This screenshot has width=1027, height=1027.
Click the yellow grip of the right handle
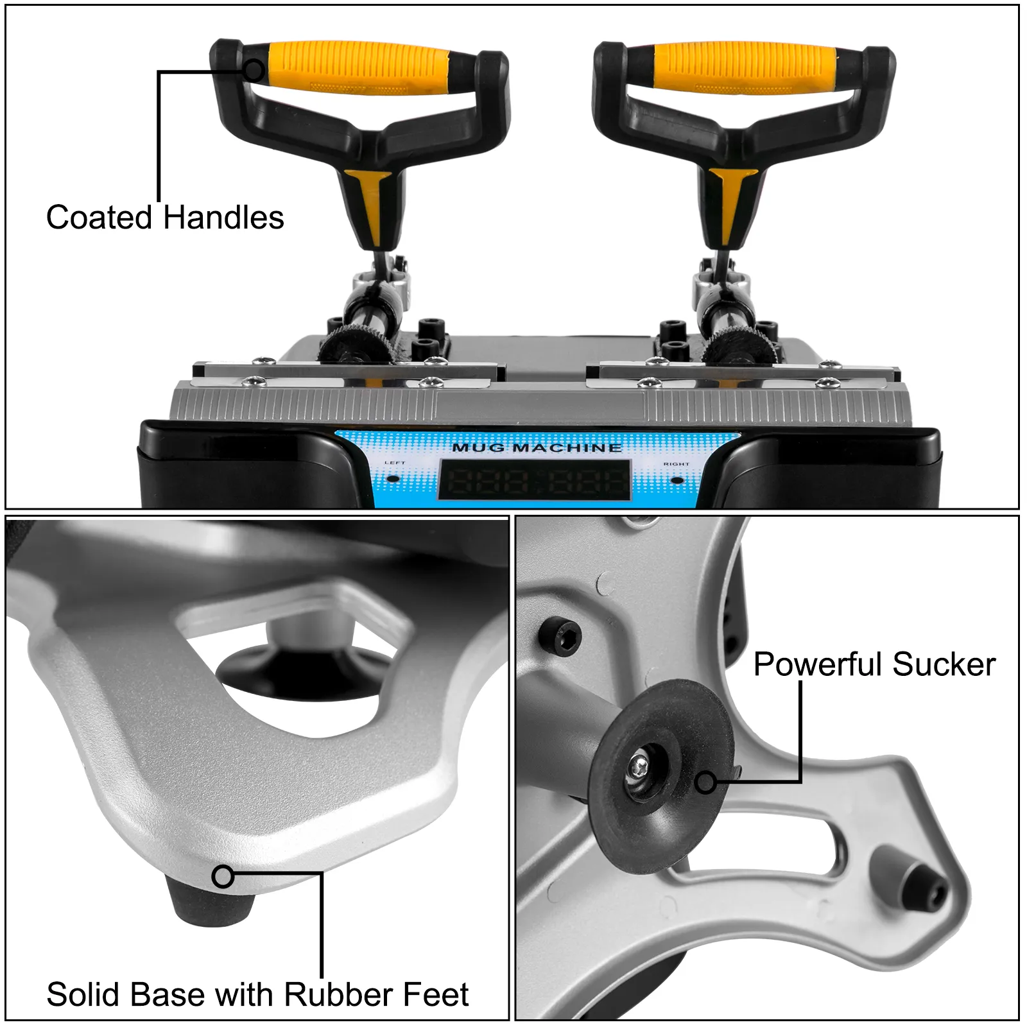click(x=745, y=67)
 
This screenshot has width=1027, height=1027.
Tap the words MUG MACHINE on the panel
click(x=537, y=447)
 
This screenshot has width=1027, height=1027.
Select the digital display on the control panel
click(x=534, y=480)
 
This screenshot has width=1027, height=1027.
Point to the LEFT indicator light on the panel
click(x=394, y=478)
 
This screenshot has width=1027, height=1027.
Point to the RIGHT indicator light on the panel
click(x=677, y=479)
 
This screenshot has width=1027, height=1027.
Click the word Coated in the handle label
click(x=99, y=218)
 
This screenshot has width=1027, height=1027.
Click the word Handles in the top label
click(x=223, y=218)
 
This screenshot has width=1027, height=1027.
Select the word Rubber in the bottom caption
click(x=330, y=994)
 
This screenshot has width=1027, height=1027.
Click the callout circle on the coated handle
click(x=254, y=69)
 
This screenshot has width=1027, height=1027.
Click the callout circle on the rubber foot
click(x=223, y=876)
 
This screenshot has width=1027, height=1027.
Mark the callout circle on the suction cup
click(x=706, y=782)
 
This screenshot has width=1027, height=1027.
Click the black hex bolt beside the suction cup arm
click(x=559, y=635)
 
